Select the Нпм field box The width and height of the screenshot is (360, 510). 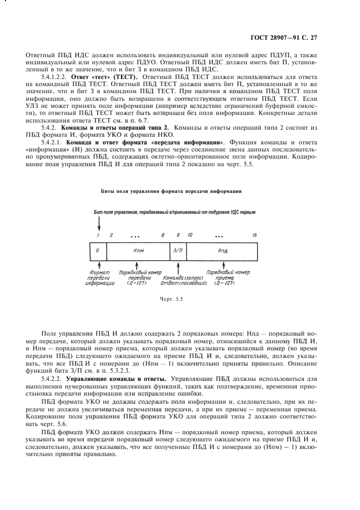coord(138,250)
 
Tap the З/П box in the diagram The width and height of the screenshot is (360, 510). coord(178,250)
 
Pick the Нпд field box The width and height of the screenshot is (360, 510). coord(222,250)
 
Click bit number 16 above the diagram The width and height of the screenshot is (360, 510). coord(254,235)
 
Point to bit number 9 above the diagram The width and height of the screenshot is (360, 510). coord(178,235)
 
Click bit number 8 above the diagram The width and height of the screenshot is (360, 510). coord(162,235)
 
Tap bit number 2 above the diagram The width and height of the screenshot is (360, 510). coord(111,235)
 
